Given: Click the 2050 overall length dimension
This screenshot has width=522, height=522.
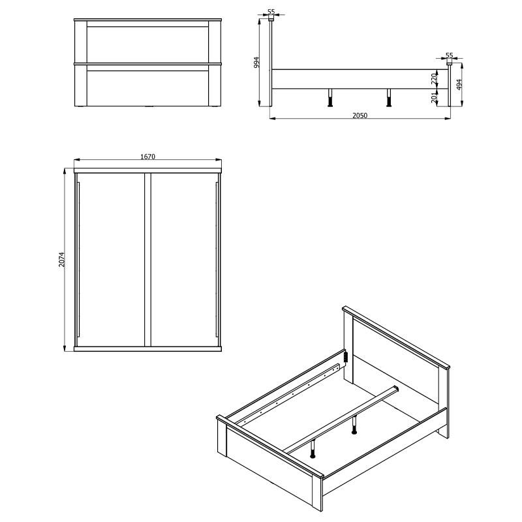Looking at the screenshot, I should (x=360, y=115).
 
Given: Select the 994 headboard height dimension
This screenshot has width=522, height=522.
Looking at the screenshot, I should (x=257, y=62).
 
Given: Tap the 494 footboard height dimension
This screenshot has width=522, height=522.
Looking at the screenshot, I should (x=459, y=84).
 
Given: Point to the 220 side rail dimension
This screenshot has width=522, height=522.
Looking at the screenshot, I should (x=433, y=80).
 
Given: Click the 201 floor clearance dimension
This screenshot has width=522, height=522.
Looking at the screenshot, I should (x=433, y=97).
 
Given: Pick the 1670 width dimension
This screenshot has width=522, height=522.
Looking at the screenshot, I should (x=147, y=157).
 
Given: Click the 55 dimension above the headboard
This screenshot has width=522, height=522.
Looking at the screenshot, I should (x=271, y=12).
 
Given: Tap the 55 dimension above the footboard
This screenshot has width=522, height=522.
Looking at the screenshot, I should (x=449, y=55).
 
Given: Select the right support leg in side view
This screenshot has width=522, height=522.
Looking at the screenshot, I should (x=389, y=97).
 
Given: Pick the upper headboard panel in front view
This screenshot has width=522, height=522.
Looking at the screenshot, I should (x=147, y=44).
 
